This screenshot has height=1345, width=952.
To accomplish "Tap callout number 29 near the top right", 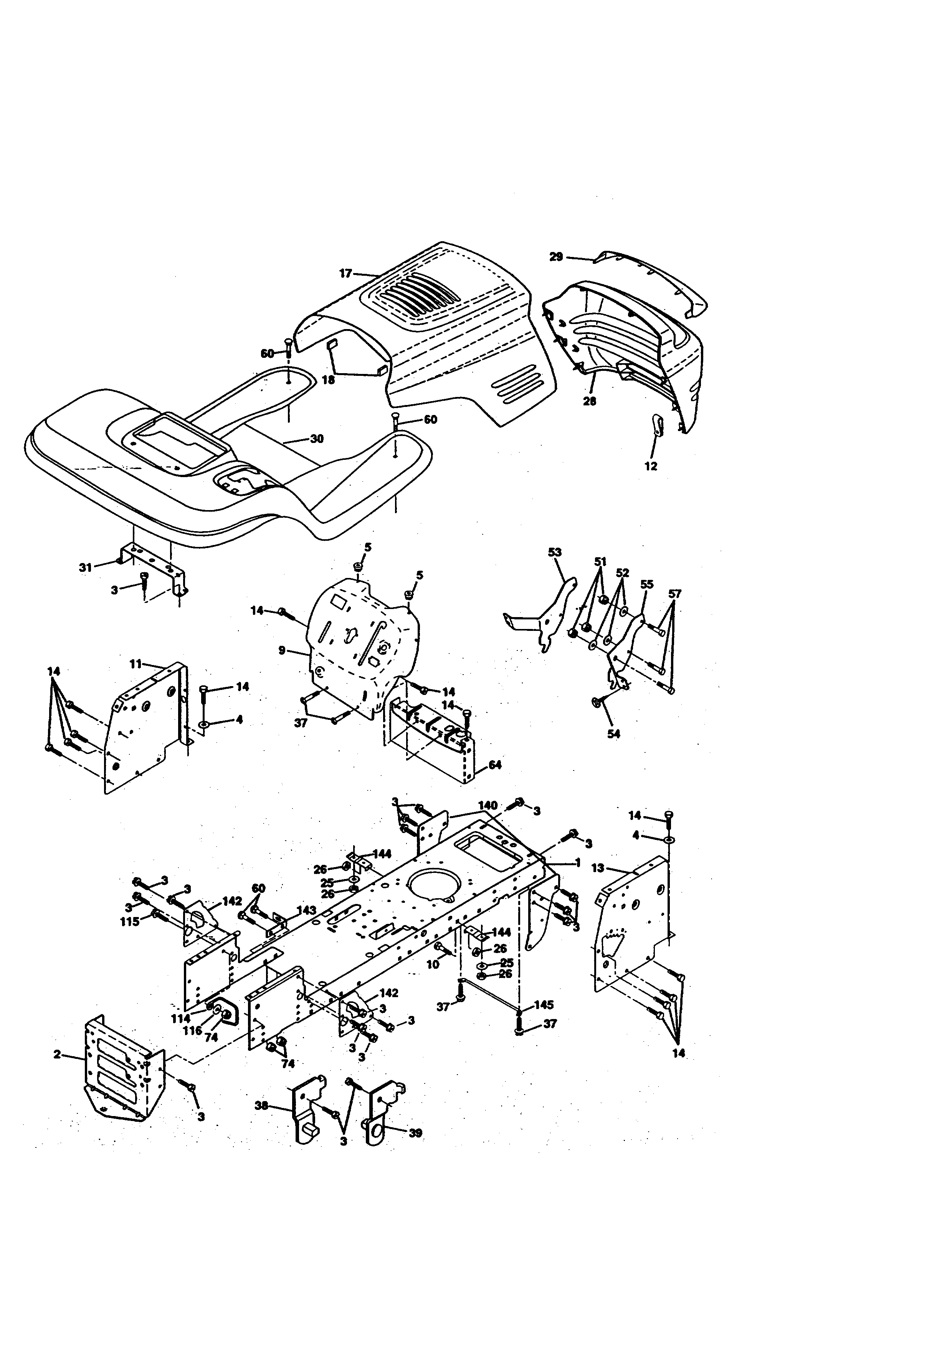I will point(556,257).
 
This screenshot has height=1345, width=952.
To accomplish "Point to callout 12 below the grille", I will point(651,466).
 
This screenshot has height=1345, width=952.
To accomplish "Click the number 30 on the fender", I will point(317,439).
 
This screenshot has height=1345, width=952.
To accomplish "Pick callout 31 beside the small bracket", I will point(86,567).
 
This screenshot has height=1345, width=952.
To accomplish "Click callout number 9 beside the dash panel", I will point(282,650).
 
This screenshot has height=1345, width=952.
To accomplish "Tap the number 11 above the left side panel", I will point(136,664).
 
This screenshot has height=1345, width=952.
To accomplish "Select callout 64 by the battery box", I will point(495,765).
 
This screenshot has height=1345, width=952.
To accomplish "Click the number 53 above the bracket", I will point(555,552).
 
